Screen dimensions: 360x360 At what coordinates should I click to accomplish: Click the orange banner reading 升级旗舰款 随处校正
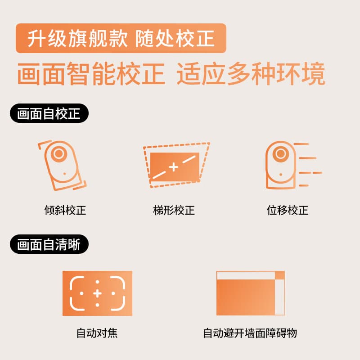121,38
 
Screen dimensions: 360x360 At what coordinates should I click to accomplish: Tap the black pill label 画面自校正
49,113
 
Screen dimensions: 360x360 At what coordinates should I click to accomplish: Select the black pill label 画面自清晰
49,244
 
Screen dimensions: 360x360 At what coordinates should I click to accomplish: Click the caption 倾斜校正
65,210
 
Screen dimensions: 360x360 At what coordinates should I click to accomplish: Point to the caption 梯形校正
174,210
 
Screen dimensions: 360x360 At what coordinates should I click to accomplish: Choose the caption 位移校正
288,210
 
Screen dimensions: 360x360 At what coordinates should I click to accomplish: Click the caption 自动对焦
97,333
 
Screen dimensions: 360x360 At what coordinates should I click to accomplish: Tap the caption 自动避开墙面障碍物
250,333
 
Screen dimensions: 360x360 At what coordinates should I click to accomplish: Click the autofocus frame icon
97,293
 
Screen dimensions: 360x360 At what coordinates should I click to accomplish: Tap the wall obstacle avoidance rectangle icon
251,293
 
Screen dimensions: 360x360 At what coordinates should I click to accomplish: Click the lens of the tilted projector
59,153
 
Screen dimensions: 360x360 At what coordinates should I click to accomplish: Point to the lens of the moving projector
280,153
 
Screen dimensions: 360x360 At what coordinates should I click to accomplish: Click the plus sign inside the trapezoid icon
174,167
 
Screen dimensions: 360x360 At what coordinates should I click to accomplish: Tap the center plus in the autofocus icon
97,293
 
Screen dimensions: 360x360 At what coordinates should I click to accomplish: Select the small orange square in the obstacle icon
280,275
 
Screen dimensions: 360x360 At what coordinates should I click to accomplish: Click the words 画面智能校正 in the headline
91,74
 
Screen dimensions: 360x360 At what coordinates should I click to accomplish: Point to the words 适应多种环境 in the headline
251,74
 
